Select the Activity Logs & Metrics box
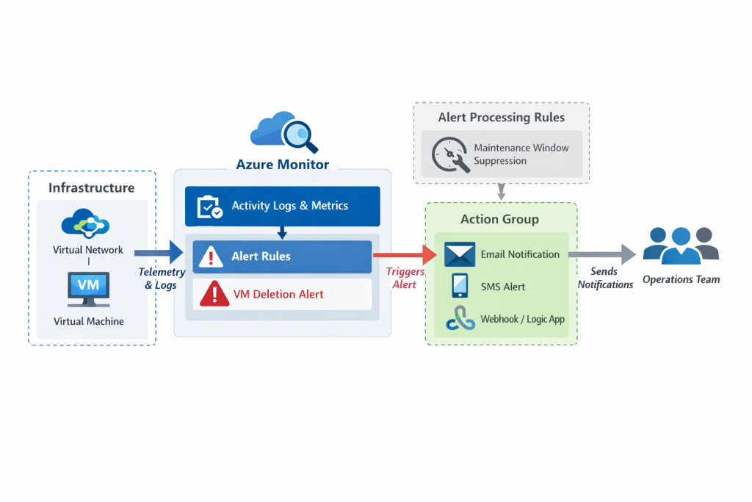pyautogui.click(x=283, y=206)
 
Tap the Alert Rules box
pyautogui.click(x=283, y=257)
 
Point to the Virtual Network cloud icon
pyautogui.click(x=88, y=223)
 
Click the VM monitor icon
pyautogui.click(x=88, y=288)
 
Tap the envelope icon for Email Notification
pyautogui.click(x=460, y=254)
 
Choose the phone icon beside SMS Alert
pyautogui.click(x=460, y=286)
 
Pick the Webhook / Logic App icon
pyautogui.click(x=460, y=319)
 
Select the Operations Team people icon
pyautogui.click(x=681, y=245)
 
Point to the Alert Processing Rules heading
pyautogui.click(x=502, y=118)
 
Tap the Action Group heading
pyautogui.click(x=499, y=219)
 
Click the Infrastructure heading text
pyautogui.click(x=92, y=187)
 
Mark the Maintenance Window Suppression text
pyautogui.click(x=521, y=154)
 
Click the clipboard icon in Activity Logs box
pyautogui.click(x=210, y=207)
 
